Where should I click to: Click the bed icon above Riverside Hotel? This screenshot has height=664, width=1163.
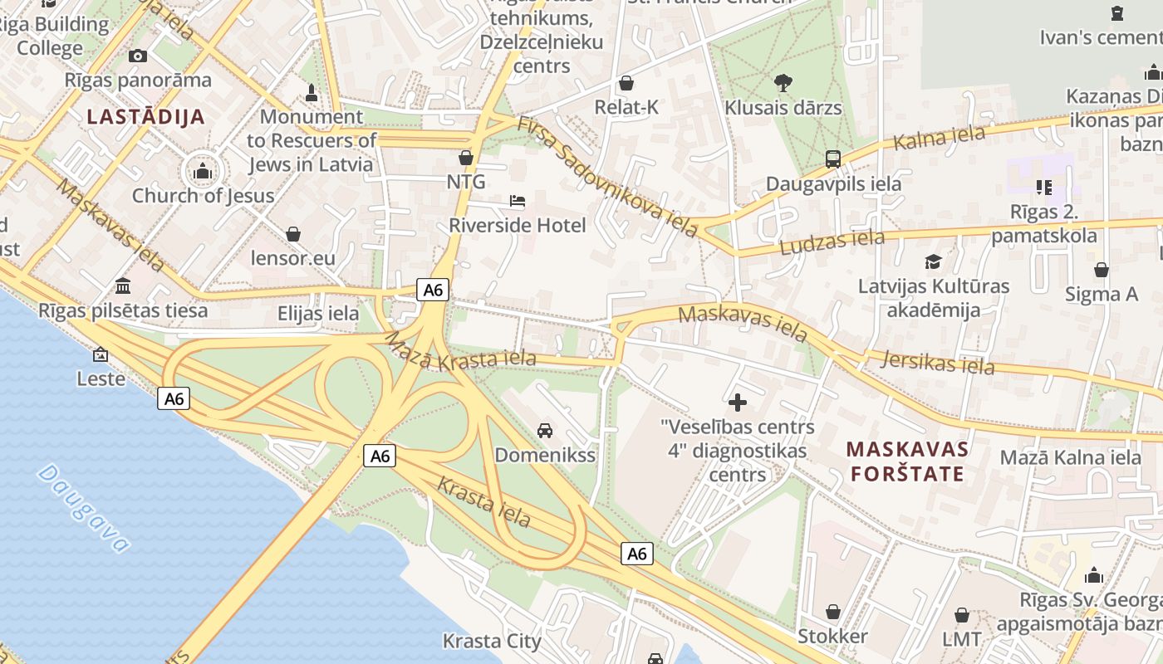517,201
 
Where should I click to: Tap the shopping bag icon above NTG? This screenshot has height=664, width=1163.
466,158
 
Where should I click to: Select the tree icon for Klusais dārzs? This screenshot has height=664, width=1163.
783,82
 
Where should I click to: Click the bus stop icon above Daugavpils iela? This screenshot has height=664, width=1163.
832,159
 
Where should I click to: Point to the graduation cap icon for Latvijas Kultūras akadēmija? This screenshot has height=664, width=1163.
934,262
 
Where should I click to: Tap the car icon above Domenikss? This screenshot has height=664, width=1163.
545,430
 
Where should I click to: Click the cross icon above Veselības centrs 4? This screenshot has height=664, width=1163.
737,403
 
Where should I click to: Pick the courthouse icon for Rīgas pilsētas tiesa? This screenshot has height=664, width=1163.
123,286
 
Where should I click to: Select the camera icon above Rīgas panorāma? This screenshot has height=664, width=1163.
138,56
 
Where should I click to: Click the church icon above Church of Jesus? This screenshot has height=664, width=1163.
203,172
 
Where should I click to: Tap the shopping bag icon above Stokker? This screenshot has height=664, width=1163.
832,612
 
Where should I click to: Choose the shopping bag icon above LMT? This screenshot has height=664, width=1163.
962,615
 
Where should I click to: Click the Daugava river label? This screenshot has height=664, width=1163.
84,508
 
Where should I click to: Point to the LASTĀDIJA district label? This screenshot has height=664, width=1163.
145,116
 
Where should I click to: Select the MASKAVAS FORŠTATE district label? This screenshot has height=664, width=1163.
906,461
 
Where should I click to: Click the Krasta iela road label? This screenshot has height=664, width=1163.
483,502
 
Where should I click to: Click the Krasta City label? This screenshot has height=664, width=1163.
492,641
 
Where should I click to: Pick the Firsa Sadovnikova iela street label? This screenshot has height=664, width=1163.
606,177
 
